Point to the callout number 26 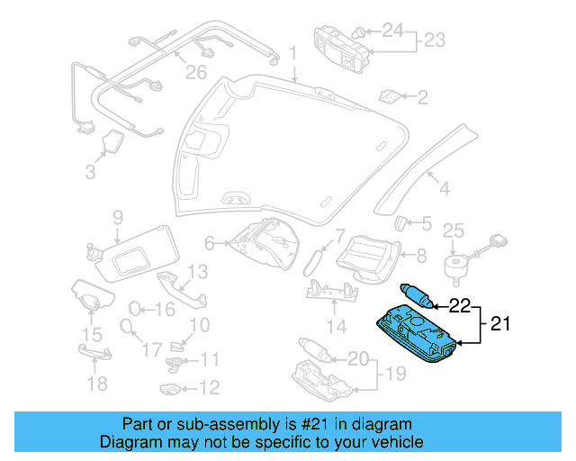tap(195, 71)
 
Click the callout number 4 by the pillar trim tap(443, 188)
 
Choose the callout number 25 tap(453, 230)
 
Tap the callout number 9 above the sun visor tap(117, 216)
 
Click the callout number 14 tap(335, 325)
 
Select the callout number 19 tap(392, 372)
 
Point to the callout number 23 tap(435, 40)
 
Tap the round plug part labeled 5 tap(402, 222)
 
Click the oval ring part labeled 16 tap(133, 309)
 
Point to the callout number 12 tap(210, 388)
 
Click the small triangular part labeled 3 tap(113, 142)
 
